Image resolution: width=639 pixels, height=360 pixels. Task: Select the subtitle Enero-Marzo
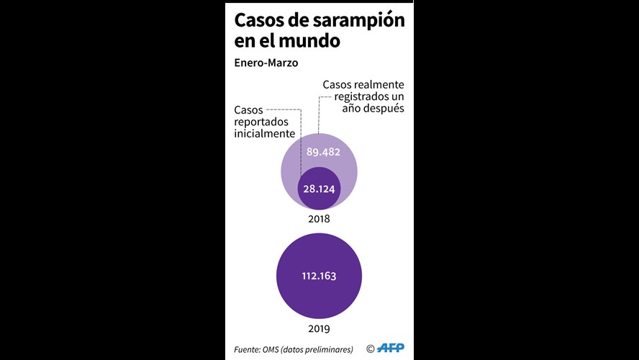(266, 63)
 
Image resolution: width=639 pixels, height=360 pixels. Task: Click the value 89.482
(323, 152)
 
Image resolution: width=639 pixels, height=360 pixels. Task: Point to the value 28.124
(319, 189)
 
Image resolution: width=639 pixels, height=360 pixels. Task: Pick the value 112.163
(319, 276)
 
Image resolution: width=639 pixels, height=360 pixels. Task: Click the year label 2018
(319, 219)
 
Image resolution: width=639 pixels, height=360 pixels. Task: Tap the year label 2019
(319, 328)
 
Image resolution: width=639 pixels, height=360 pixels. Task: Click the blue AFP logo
(391, 348)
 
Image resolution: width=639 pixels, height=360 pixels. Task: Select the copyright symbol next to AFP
(371, 348)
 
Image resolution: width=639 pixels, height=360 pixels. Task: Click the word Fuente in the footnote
(247, 349)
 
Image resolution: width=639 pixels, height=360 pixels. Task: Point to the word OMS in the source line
(271, 349)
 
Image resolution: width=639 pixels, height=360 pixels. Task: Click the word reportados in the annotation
(261, 122)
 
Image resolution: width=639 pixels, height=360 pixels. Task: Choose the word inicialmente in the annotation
(265, 133)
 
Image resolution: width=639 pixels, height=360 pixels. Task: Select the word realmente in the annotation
(379, 85)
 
